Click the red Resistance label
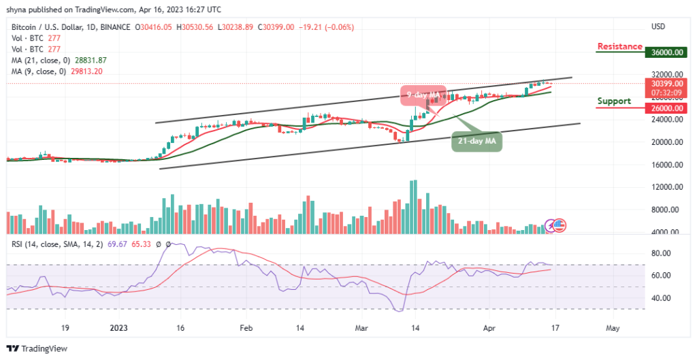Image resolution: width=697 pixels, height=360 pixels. (619, 46)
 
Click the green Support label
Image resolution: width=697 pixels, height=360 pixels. (615, 101)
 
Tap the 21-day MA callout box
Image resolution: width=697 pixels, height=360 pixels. (476, 141)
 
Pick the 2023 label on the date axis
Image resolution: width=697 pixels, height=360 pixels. (119, 327)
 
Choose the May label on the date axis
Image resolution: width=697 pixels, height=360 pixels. (612, 327)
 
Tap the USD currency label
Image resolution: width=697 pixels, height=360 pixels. (658, 27)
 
